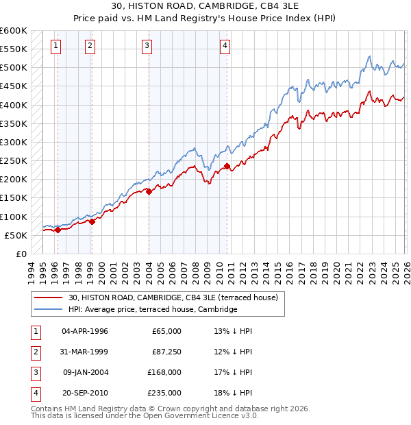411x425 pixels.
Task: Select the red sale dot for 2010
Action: coord(227,166)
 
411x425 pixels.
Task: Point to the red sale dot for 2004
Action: coord(149,191)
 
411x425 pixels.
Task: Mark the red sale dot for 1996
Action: coord(58,230)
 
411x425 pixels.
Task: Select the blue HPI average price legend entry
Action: coord(152,310)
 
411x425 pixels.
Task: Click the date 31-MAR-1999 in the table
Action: coord(85,352)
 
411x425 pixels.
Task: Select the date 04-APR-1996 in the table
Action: coord(85,331)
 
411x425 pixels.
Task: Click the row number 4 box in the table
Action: coord(34,393)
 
